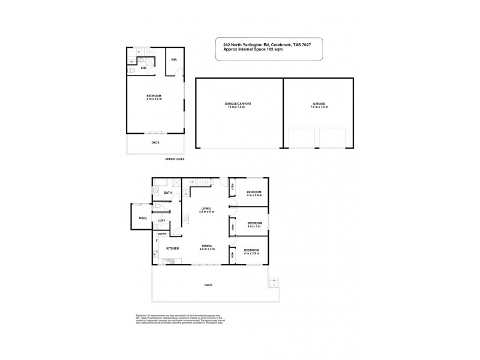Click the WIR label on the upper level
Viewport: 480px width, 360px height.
click(x=173, y=59)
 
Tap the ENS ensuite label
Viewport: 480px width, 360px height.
click(x=144, y=68)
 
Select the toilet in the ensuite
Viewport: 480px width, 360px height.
click(x=131, y=70)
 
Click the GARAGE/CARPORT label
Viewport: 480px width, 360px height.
click(x=238, y=104)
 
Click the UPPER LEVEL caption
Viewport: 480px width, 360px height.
click(x=175, y=159)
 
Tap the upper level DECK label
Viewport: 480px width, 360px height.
click(x=155, y=142)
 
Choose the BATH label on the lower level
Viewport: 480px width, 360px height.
click(x=167, y=193)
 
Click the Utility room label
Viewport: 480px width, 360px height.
click(x=143, y=218)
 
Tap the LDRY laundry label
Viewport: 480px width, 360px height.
click(x=161, y=221)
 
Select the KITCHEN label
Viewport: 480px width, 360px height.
click(x=173, y=248)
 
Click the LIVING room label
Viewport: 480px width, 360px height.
click(x=206, y=208)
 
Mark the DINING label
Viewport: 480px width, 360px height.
click(x=206, y=245)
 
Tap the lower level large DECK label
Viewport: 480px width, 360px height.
click(x=208, y=285)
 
